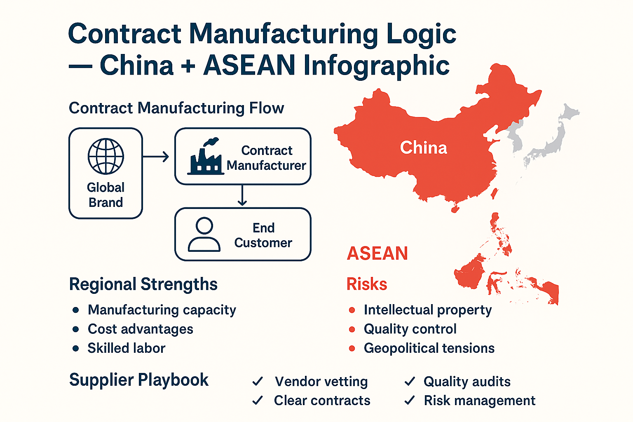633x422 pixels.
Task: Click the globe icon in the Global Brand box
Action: pos(106,156)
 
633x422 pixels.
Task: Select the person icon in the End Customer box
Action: pos(204,234)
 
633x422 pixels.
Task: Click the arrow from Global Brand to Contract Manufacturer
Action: pos(156,157)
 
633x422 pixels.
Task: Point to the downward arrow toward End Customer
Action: pos(242,196)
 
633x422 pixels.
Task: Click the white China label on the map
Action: pos(423,148)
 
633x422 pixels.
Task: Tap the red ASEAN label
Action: pos(377,253)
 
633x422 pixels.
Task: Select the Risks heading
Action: pos(366,284)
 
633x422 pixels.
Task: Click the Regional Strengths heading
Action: pos(143,284)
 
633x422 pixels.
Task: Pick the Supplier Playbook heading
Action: pos(138,380)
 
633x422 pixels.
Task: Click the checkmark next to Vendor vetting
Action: pos(258,381)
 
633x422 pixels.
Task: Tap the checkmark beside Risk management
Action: pos(410,400)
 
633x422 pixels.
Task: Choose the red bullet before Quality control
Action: pos(352,329)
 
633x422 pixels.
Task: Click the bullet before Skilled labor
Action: pos(75,348)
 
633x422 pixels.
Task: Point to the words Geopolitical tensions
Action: pos(429,348)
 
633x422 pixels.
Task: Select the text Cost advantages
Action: pos(140,329)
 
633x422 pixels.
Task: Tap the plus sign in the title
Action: pos(188,66)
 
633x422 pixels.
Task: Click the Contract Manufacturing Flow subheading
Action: pos(176,108)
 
